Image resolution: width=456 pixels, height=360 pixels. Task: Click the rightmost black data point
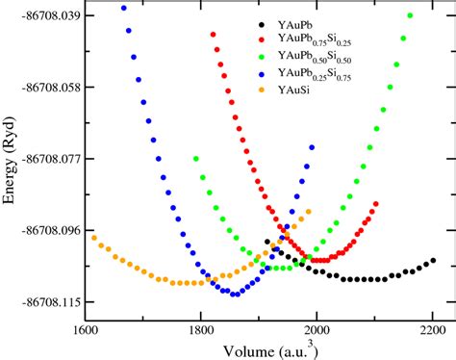[433, 261]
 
